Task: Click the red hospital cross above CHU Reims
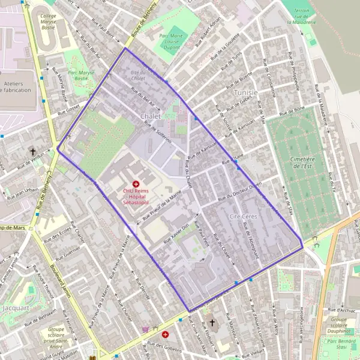[136, 182]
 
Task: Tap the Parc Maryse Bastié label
[82, 74]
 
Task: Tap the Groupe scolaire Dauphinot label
[342, 324]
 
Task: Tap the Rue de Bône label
[292, 110]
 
